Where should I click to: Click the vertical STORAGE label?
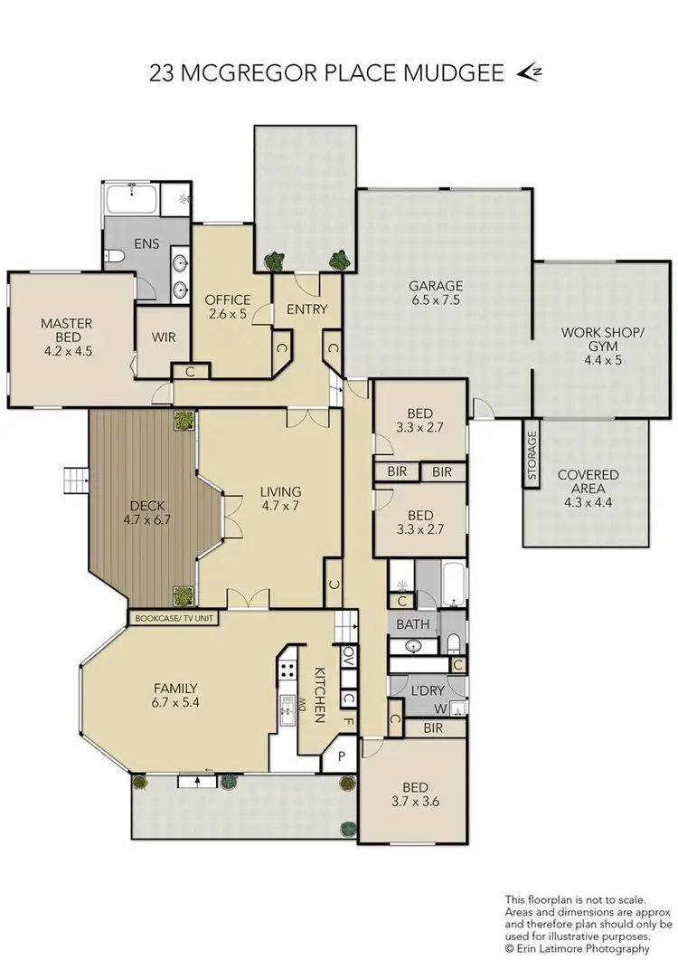[x=532, y=455]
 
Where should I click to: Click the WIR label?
[x=164, y=337]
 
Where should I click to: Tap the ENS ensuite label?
[x=146, y=242]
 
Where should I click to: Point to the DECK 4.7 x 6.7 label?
[x=146, y=513]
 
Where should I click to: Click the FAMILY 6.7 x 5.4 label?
[x=174, y=694]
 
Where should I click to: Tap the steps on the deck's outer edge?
[x=73, y=478]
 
